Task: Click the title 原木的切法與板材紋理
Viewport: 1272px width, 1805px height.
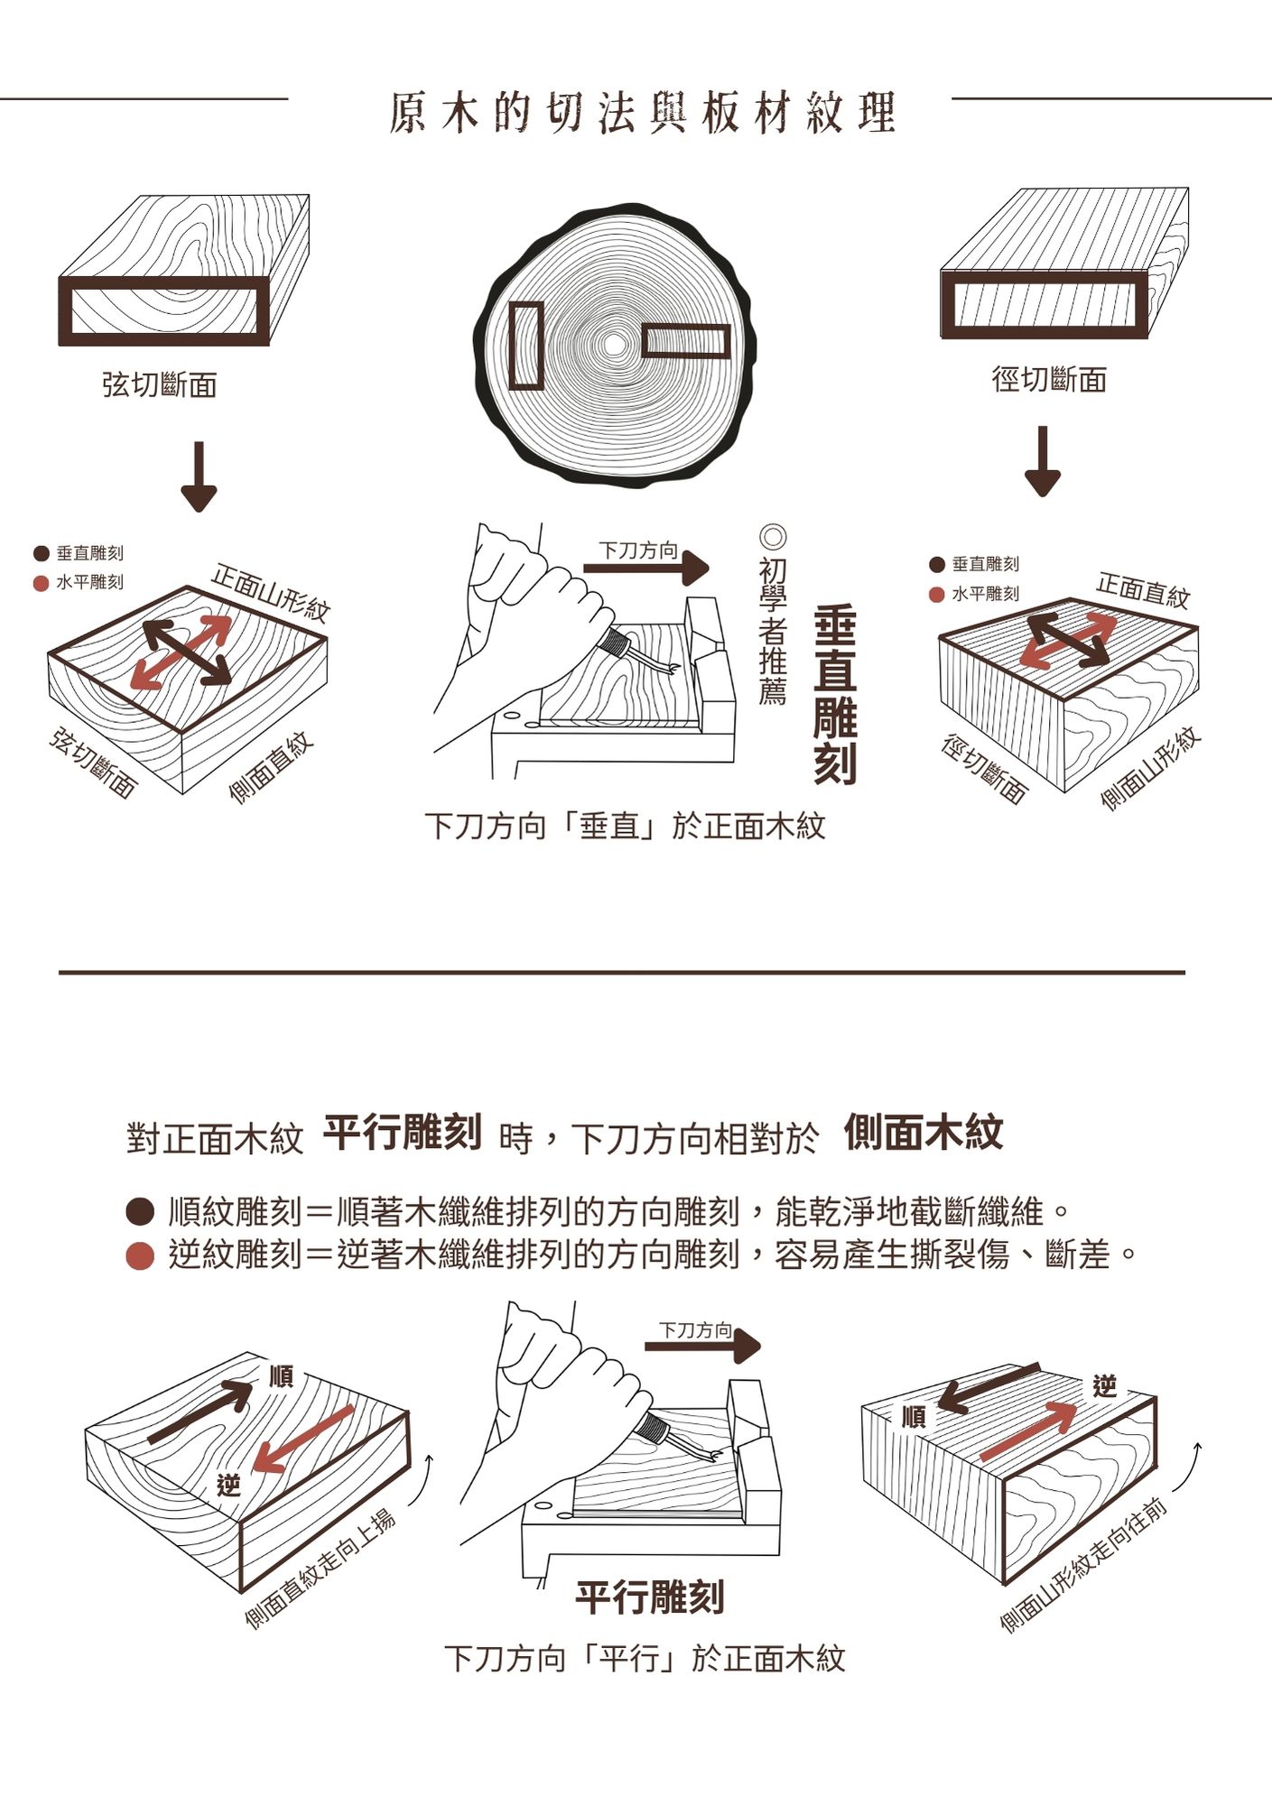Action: click(x=642, y=113)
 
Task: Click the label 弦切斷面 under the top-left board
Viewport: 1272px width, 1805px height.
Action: click(x=160, y=385)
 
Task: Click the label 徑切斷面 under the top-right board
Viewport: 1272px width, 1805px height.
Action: click(x=1049, y=379)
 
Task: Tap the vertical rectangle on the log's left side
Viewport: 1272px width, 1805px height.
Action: click(x=526, y=345)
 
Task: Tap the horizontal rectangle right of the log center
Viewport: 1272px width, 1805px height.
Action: click(x=685, y=341)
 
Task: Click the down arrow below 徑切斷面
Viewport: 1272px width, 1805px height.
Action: click(x=1043, y=462)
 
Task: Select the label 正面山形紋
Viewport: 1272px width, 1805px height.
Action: click(x=270, y=592)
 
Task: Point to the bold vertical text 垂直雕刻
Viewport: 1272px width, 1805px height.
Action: click(x=834, y=695)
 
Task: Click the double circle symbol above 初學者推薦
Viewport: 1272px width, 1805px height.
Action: click(x=774, y=537)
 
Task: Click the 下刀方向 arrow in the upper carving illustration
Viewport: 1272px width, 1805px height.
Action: click(x=646, y=568)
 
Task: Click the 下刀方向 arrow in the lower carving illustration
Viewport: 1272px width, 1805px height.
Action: click(x=702, y=1346)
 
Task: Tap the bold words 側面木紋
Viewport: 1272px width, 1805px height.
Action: click(x=924, y=1133)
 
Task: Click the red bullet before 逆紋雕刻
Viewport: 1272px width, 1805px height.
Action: click(x=140, y=1255)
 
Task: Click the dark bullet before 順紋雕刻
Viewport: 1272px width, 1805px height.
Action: click(x=140, y=1212)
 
